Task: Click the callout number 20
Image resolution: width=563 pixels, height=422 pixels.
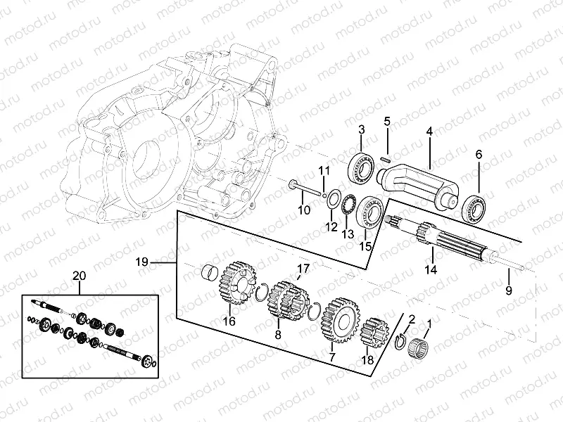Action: [79, 276]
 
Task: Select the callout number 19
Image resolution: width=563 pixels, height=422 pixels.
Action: [141, 262]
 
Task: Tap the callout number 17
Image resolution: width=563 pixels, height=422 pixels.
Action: [303, 268]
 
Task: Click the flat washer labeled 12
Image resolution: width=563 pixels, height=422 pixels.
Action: [332, 199]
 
